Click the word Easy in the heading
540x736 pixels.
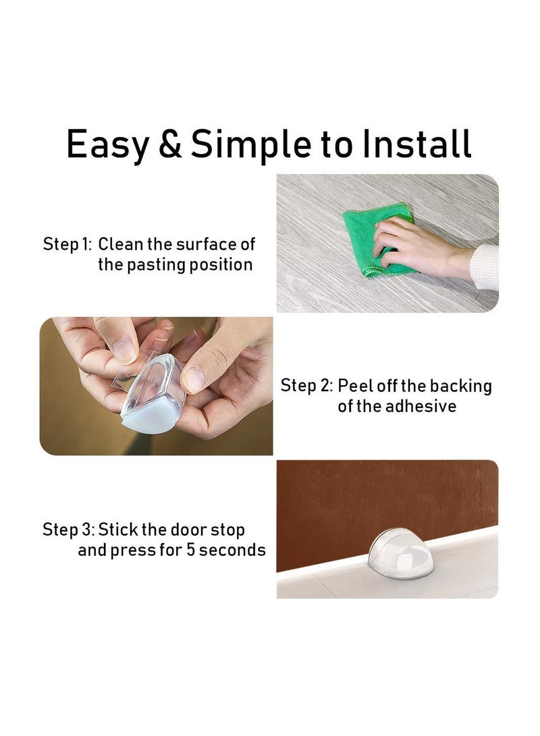coord(107,144)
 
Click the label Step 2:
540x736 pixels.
coord(306,387)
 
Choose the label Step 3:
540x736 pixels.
coord(68,530)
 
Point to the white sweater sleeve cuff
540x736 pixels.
coord(485,266)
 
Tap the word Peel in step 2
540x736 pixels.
coord(355,387)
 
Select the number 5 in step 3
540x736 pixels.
coord(187,550)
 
